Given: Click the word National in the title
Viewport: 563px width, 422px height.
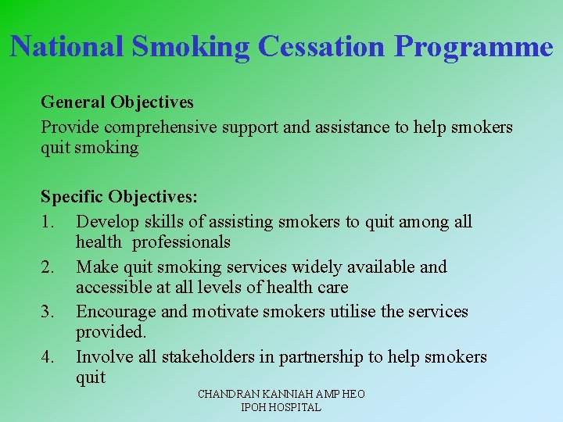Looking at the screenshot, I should click(x=67, y=46).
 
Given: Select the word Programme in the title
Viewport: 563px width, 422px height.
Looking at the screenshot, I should click(x=474, y=48).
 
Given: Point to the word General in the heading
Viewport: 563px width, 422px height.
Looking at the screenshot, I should click(x=74, y=102).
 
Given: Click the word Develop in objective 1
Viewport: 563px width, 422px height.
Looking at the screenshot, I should click(x=106, y=222).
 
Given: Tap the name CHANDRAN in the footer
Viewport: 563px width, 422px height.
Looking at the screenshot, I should click(x=226, y=395).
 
